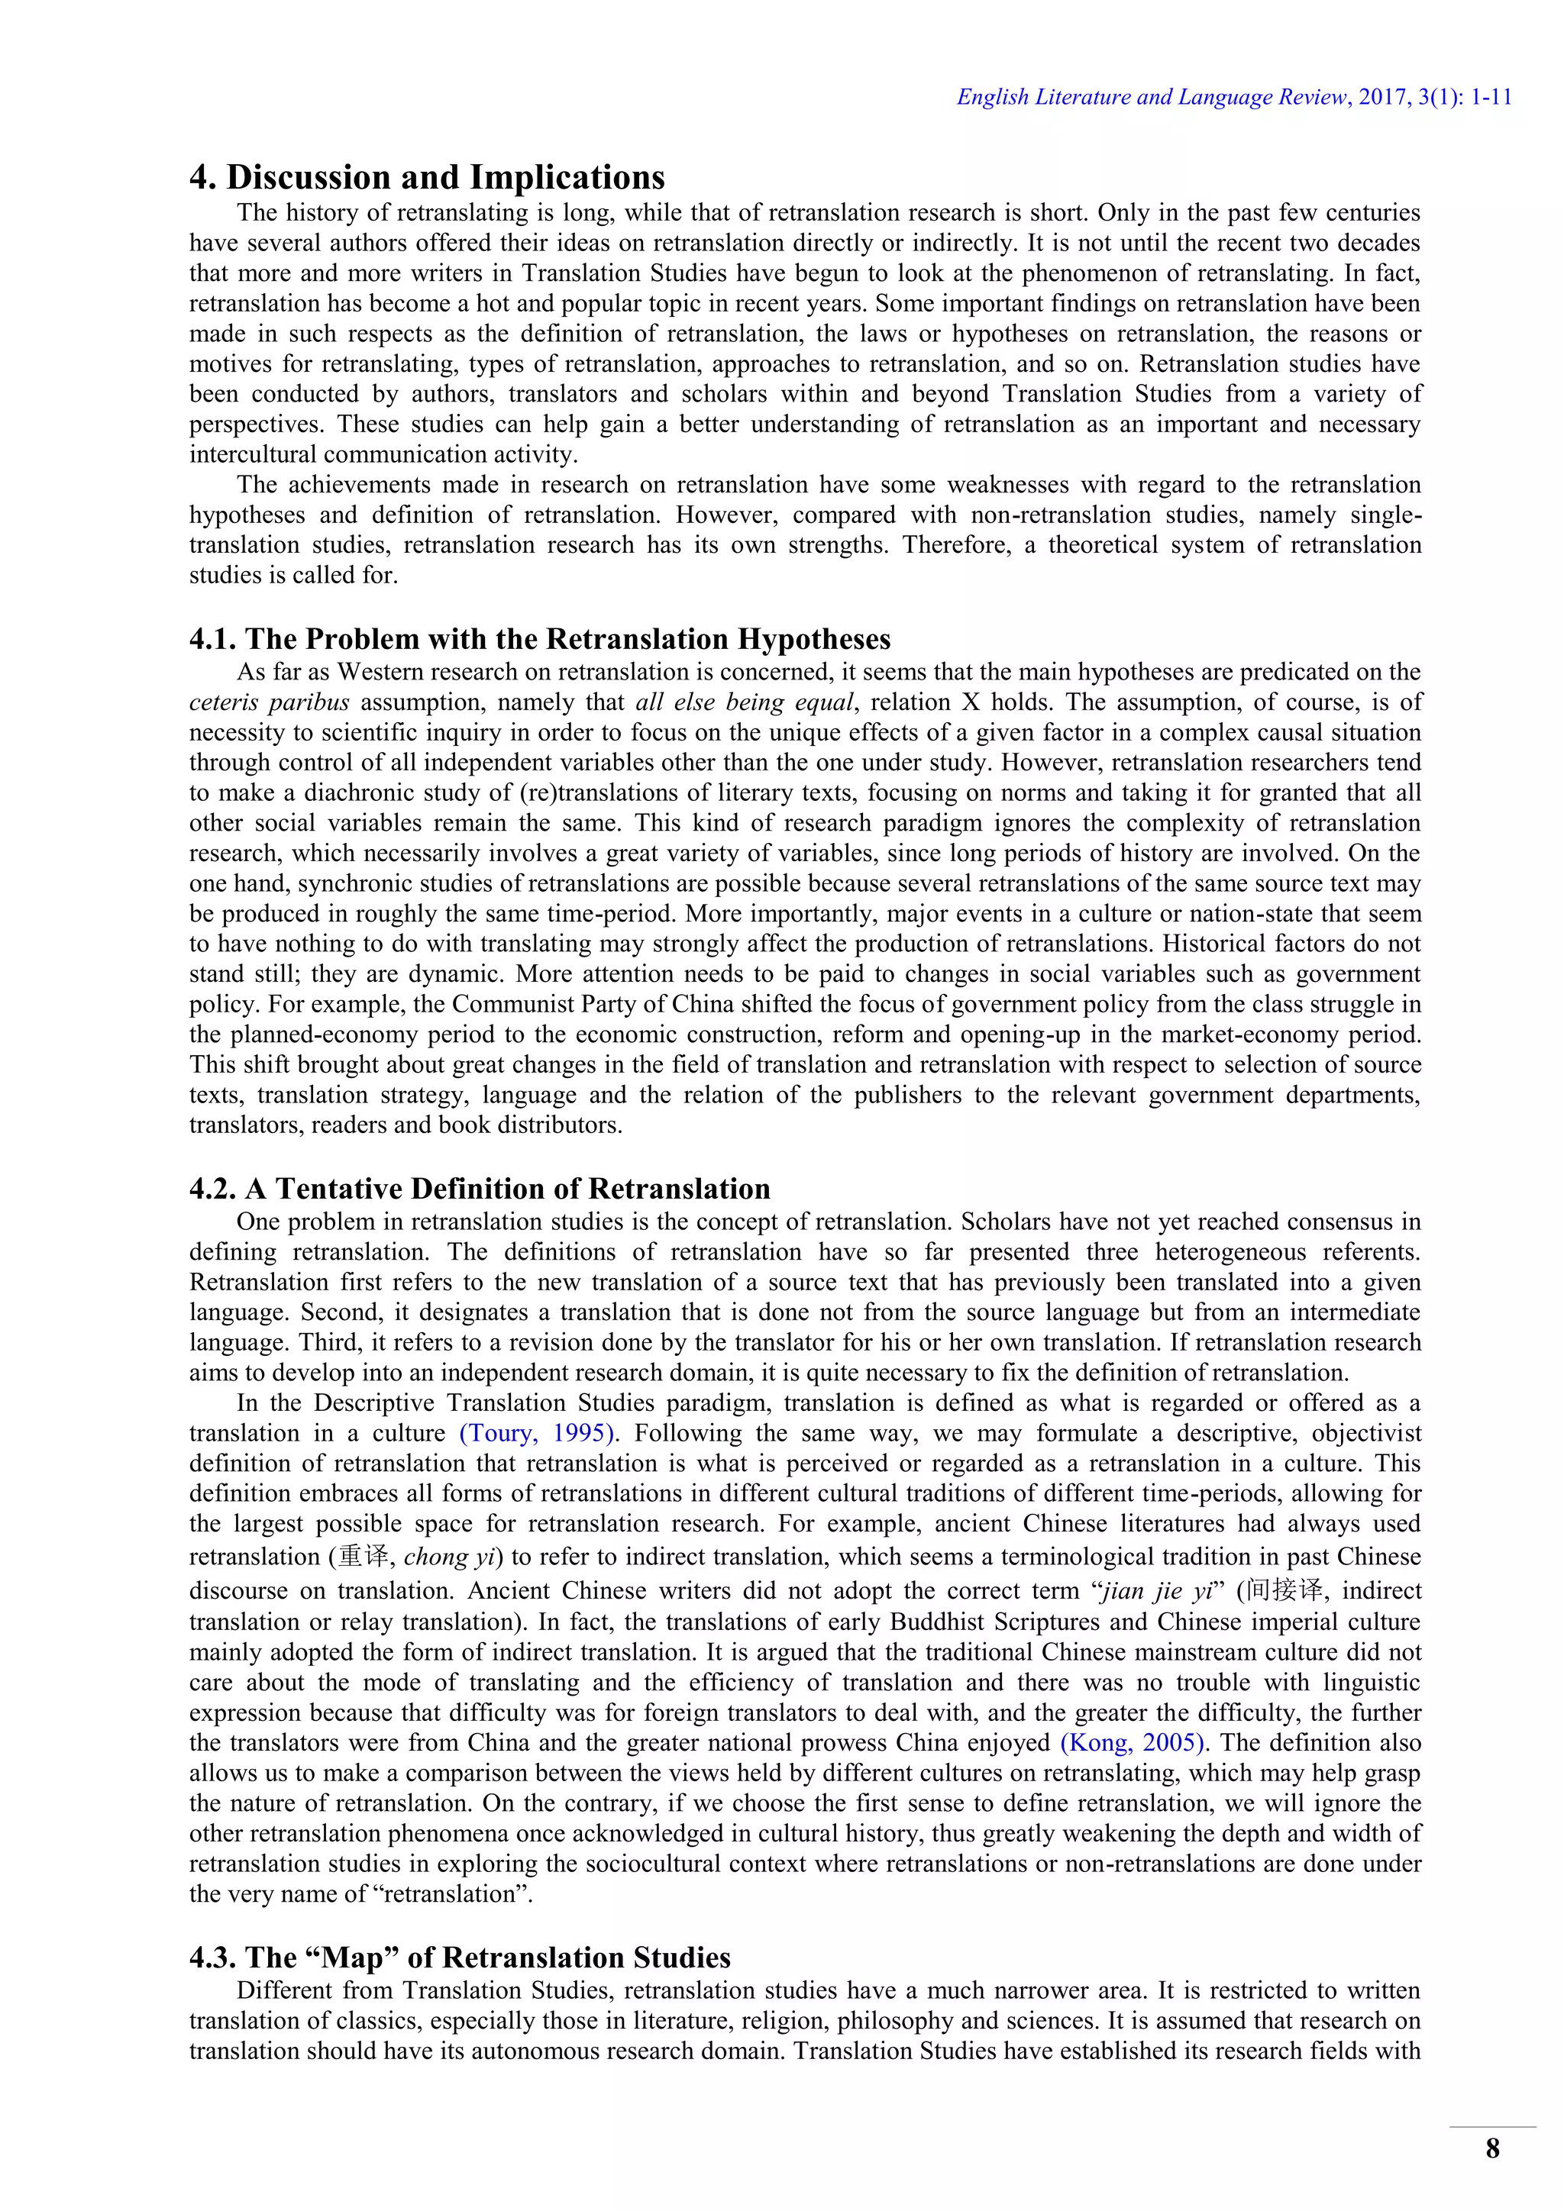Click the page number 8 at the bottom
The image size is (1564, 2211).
(x=1493, y=2148)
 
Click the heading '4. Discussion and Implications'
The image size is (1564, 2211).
(x=427, y=178)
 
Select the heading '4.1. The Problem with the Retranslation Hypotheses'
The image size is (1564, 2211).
(x=539, y=640)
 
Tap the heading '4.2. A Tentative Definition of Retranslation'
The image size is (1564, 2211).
(x=480, y=1189)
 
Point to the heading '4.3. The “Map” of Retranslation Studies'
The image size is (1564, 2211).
(x=460, y=1958)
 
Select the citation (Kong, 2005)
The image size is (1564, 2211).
(x=1133, y=1743)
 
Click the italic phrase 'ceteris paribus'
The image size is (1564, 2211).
(x=269, y=702)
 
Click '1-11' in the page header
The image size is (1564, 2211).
(x=1491, y=97)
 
